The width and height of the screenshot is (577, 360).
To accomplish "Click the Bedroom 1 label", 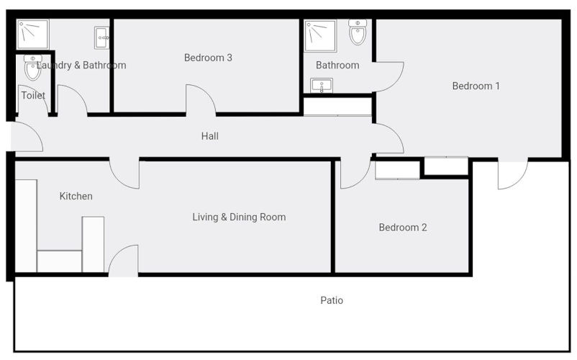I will coord(476,86).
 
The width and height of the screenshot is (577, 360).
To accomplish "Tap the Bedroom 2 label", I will coord(403,228).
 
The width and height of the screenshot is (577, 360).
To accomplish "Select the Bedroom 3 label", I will coord(208,58).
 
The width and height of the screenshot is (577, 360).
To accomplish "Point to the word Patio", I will coord(332,300).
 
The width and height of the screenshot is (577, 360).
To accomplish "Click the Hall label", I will coord(210,136).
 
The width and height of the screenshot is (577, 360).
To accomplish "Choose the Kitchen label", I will coord(76,196).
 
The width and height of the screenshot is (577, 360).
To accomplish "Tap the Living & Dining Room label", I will coord(239,217).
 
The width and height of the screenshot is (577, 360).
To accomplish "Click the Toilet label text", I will coord(33,95).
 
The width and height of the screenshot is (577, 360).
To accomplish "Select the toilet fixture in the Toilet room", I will coord(33,68).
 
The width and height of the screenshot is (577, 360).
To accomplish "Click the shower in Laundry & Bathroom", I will coord(32,33).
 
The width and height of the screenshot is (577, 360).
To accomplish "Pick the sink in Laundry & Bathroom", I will coord(101,36).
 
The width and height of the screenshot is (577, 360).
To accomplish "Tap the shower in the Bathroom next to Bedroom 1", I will coord(319,35).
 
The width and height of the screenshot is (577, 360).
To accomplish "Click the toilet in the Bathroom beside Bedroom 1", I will coord(358,32).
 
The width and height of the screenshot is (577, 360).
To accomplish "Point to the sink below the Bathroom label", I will coord(320,86).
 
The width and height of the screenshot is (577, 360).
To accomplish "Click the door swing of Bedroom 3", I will coord(201,100).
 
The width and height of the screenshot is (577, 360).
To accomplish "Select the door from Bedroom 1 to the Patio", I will coord(512,174).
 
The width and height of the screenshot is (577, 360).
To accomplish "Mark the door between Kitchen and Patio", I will coord(124,261).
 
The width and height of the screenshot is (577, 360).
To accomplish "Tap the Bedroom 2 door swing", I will coord(355,174).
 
